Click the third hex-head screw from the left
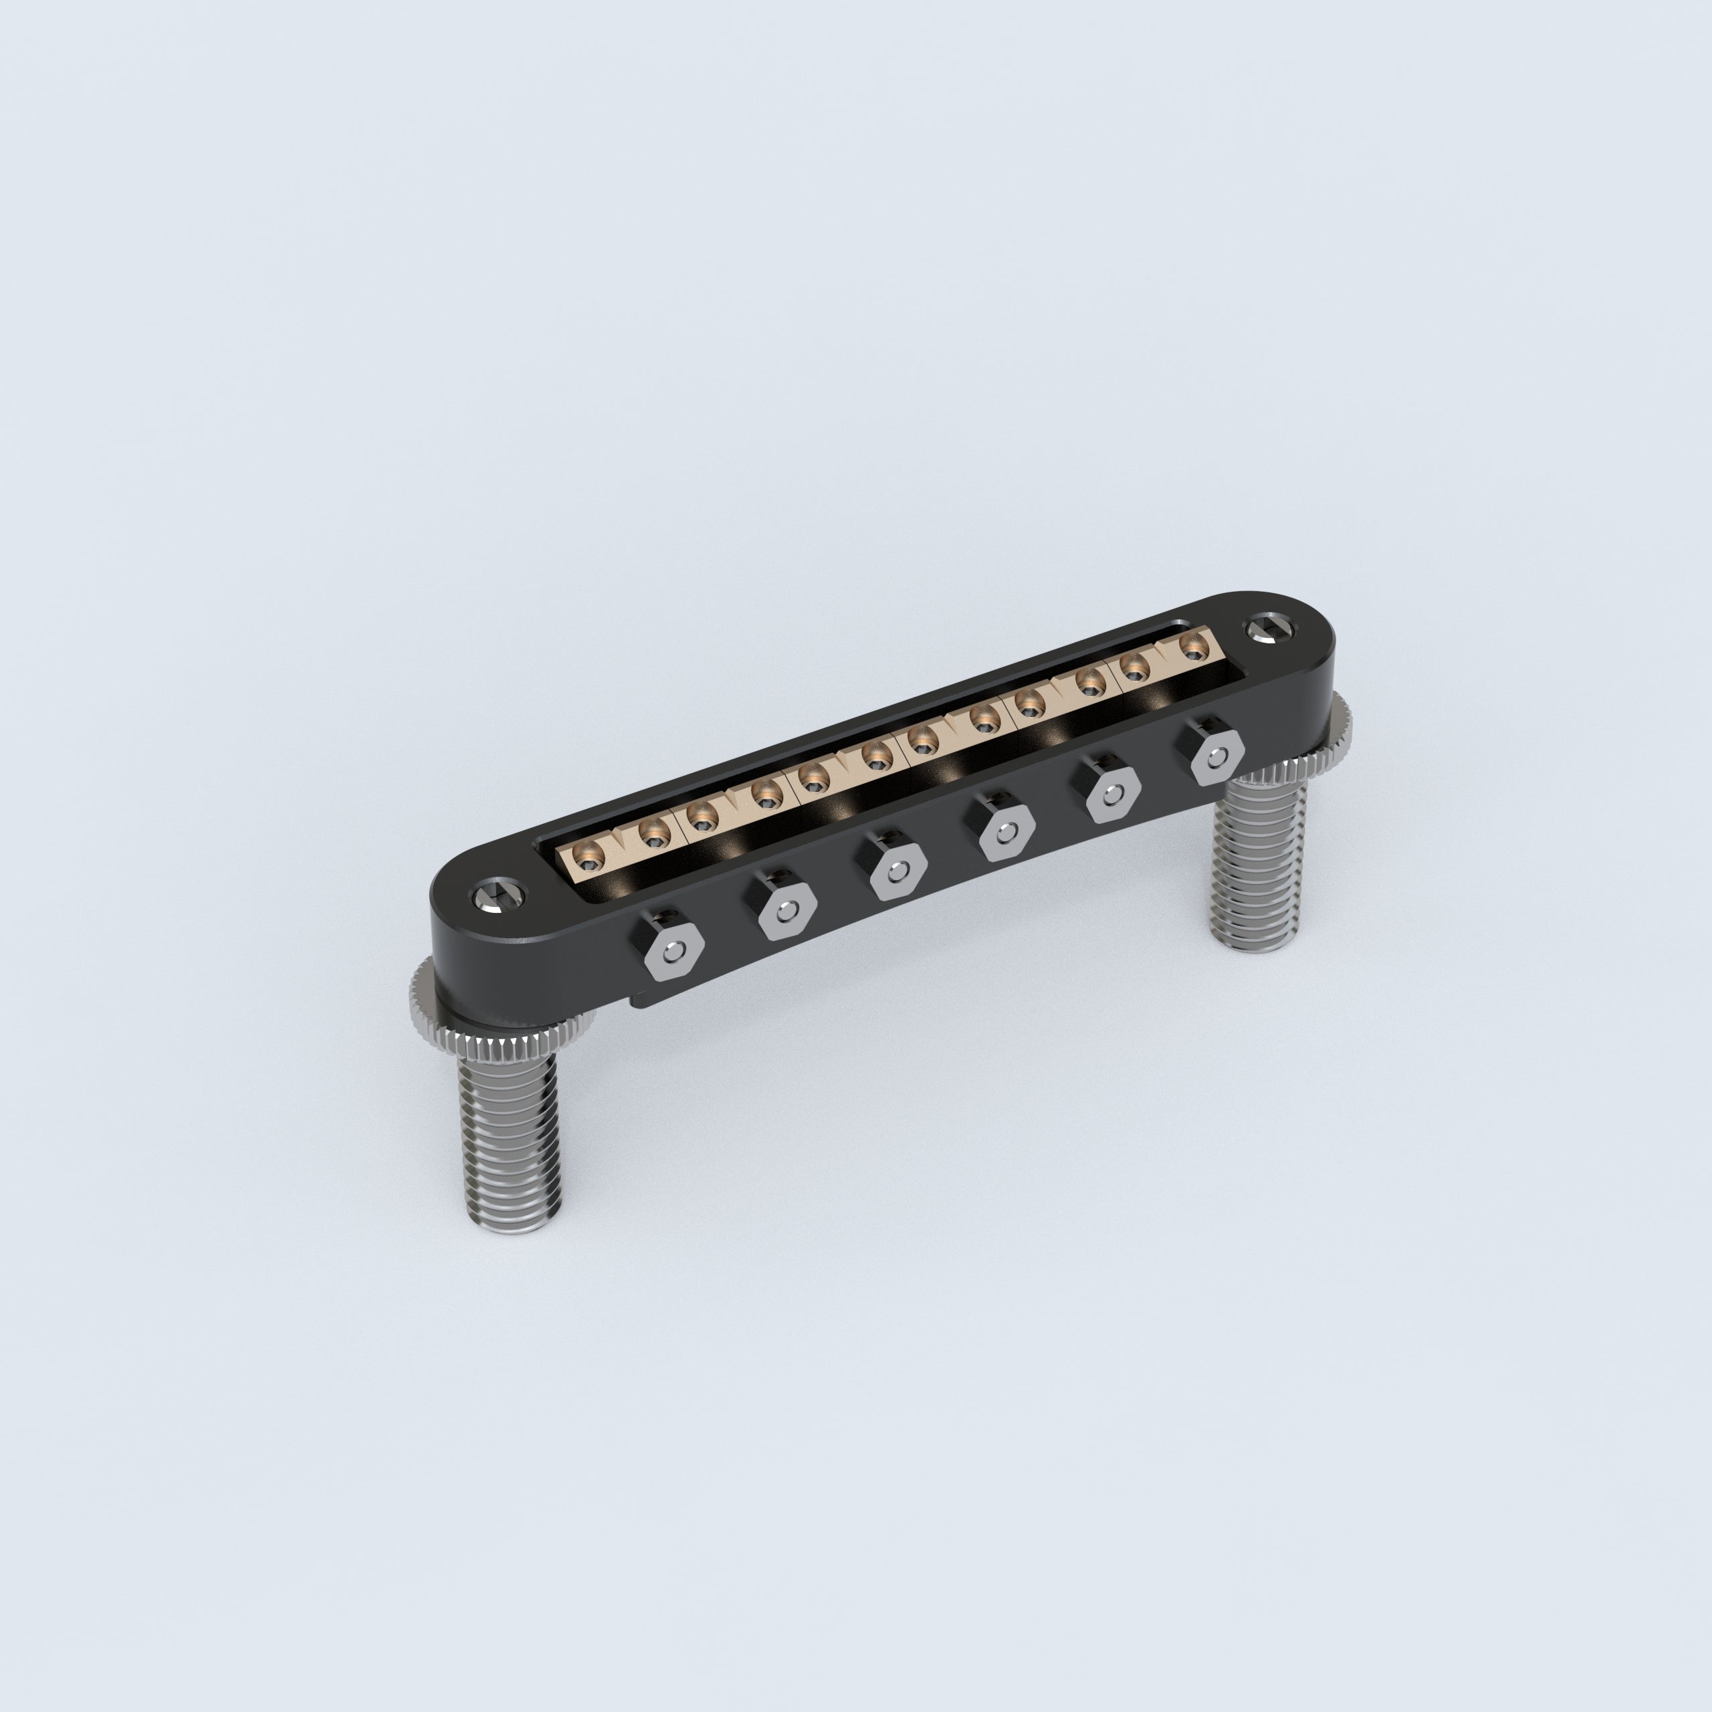coord(897,872)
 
